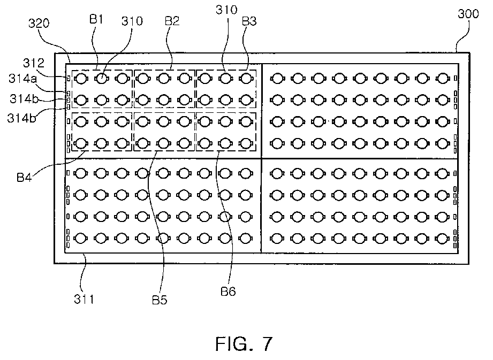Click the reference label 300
(x=468, y=14)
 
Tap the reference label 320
(x=39, y=23)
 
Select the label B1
(x=96, y=19)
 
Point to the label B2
(x=172, y=21)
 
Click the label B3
(x=249, y=21)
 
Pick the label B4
(x=24, y=178)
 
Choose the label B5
(x=160, y=300)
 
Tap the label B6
(x=228, y=292)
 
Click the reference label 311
(x=84, y=299)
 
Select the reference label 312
(x=34, y=63)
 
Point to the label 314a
(x=22, y=79)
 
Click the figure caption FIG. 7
(x=244, y=343)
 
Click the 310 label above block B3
(x=226, y=10)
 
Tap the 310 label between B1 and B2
(x=132, y=21)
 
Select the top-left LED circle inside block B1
(x=81, y=79)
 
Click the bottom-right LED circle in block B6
(x=246, y=143)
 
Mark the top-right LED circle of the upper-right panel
(x=443, y=78)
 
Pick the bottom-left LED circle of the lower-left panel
(x=81, y=239)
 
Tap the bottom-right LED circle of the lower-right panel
(x=443, y=239)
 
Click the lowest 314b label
(x=21, y=118)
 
